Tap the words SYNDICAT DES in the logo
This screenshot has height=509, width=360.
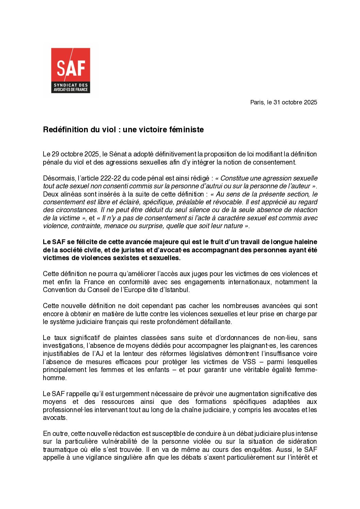71,85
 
